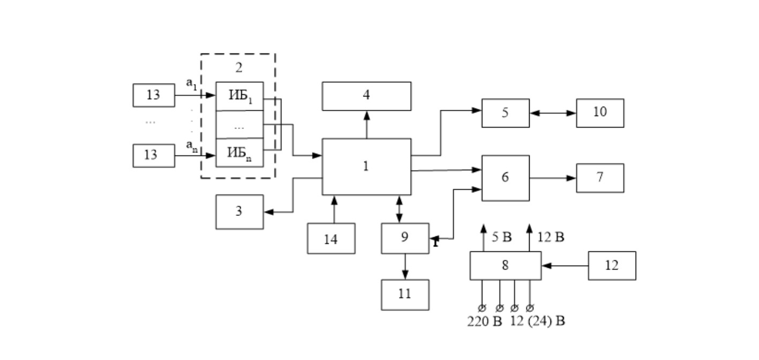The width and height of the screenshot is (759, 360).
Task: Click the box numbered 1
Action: (x=367, y=167)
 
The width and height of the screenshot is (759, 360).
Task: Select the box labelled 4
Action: (x=367, y=96)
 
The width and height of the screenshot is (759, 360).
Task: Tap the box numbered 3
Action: (x=240, y=212)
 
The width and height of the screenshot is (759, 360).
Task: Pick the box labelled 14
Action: (x=331, y=238)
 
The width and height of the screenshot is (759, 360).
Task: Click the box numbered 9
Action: (x=405, y=238)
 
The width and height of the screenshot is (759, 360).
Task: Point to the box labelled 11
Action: (x=405, y=295)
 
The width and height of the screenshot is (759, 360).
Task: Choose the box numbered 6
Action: (x=505, y=178)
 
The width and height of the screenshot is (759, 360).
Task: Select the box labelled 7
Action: (x=600, y=178)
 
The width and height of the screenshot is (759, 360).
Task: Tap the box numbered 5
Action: (x=505, y=113)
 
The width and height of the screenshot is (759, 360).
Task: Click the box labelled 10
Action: (x=600, y=113)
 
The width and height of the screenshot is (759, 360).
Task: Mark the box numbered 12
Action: (x=612, y=266)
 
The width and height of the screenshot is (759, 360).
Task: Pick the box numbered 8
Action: (x=505, y=266)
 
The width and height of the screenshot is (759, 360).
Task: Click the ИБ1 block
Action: (x=240, y=96)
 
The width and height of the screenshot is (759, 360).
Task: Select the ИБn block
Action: (x=240, y=153)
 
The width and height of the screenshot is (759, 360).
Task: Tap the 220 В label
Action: (x=485, y=321)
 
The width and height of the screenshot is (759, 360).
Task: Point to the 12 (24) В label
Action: (x=538, y=321)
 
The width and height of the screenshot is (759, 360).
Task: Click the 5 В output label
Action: (x=502, y=237)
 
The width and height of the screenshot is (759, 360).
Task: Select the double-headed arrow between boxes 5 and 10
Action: (x=553, y=113)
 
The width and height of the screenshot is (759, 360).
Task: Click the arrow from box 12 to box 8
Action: (x=565, y=266)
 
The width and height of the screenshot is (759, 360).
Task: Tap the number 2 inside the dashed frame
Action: (x=239, y=67)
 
